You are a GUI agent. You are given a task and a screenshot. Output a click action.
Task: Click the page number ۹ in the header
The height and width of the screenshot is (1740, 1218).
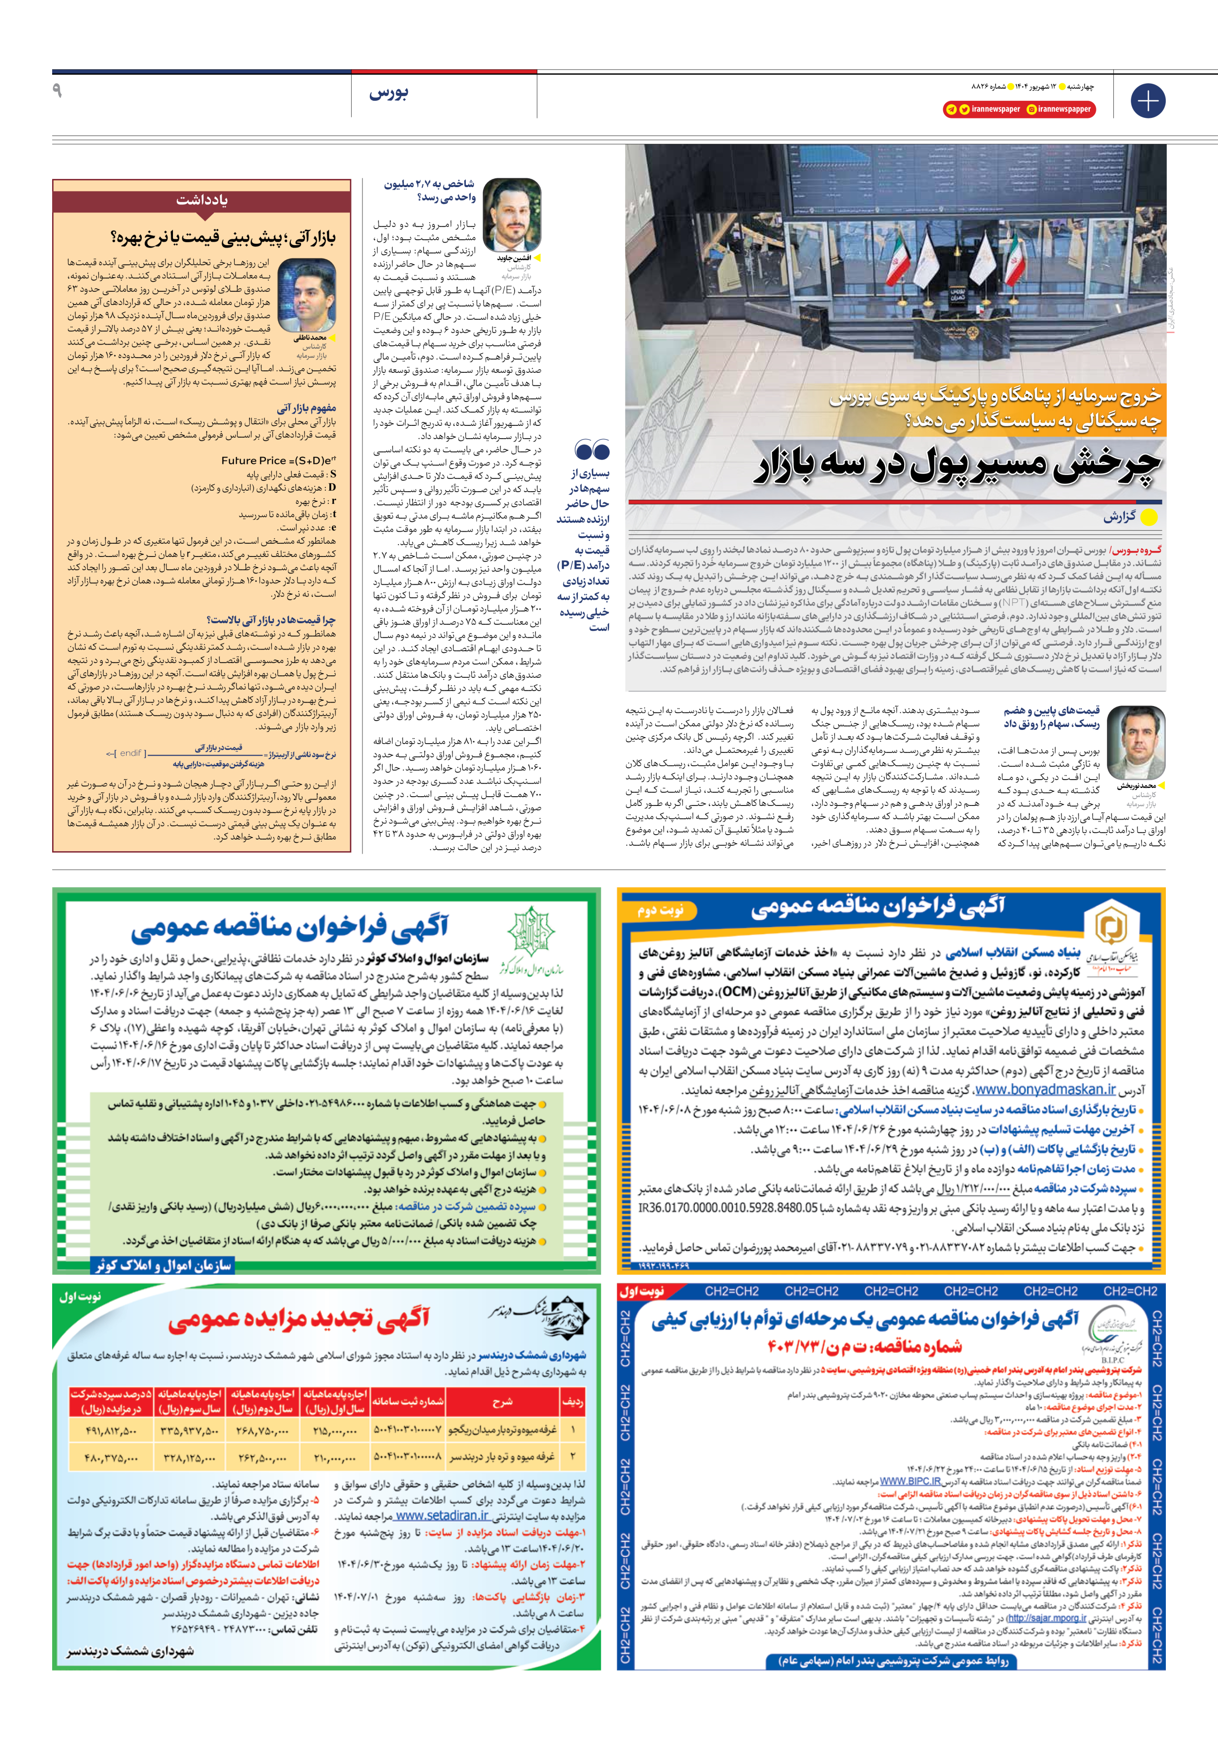pos(57,91)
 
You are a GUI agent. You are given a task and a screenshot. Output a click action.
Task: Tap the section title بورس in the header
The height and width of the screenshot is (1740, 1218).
pos(389,93)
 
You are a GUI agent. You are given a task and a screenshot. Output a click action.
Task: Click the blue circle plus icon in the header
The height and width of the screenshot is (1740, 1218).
pos(1147,100)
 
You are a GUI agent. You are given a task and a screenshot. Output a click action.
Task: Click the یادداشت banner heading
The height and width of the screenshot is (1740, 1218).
pos(202,200)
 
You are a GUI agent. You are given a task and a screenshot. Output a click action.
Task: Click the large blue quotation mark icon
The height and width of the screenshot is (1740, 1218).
pos(592,450)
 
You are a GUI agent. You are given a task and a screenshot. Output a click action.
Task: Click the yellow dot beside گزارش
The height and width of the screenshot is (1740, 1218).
pos(1149,517)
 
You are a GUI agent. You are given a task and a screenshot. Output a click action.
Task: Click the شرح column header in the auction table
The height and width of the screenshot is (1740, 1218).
pos(502,1401)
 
